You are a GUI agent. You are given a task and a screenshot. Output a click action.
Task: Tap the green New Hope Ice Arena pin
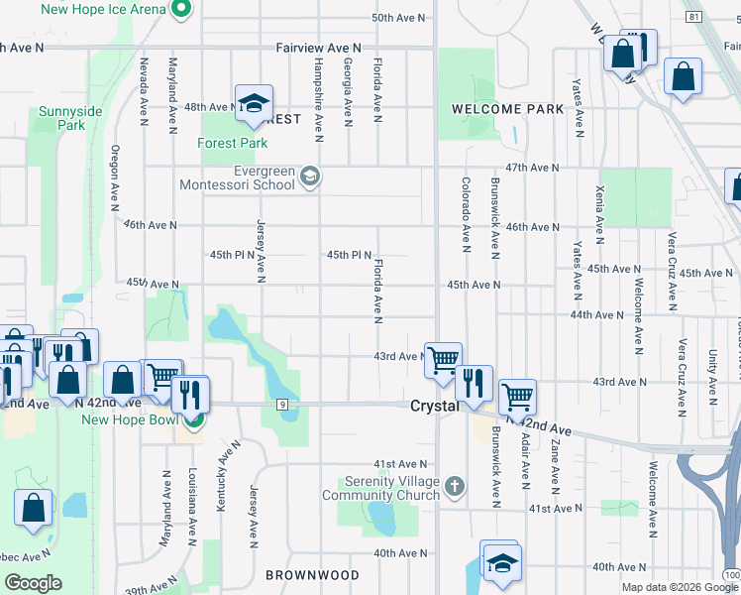click(x=180, y=10)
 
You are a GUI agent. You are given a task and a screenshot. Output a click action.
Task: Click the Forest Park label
click(x=234, y=144)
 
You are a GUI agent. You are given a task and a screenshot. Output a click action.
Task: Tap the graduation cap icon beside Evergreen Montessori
click(x=310, y=177)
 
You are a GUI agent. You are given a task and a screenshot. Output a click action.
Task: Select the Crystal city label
click(x=434, y=407)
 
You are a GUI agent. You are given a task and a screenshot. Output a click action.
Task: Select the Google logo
click(x=33, y=583)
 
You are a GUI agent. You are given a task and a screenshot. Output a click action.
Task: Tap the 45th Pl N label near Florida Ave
click(x=349, y=255)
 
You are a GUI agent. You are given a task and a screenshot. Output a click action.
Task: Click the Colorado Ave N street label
click(x=465, y=212)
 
